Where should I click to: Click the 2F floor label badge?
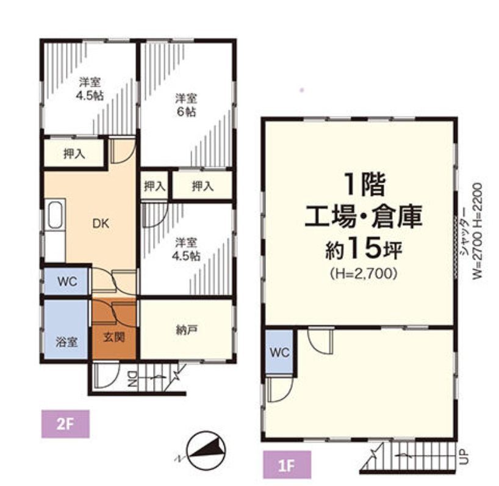click(x=65, y=424)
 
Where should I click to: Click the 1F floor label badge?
click(x=287, y=464)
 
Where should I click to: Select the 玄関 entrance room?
click(x=115, y=335)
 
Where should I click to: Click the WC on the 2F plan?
click(x=66, y=281)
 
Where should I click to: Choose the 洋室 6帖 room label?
click(x=187, y=105)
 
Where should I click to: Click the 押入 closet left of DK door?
click(x=74, y=154)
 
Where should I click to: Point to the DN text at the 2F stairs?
click(x=132, y=380)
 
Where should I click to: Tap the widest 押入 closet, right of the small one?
click(x=201, y=186)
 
